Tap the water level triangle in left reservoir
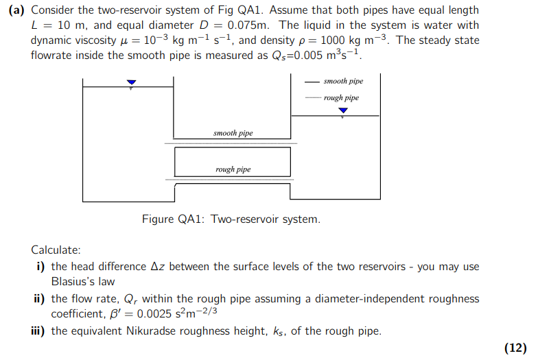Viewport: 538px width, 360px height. pyautogui.click(x=131, y=83)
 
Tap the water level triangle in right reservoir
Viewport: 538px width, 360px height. pyautogui.click(x=343, y=110)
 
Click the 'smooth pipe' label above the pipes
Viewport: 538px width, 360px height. pyautogui.click(x=233, y=133)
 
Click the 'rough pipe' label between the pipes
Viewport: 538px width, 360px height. pyautogui.click(x=233, y=169)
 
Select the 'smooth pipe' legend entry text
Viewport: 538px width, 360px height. pyautogui.click(x=343, y=81)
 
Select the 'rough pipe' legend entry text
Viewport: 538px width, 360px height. pyautogui.click(x=341, y=97)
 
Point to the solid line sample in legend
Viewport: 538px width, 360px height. pyautogui.click(x=312, y=82)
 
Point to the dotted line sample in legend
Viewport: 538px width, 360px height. pyautogui.click(x=312, y=98)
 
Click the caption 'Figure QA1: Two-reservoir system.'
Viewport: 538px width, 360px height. pyautogui.click(x=231, y=219)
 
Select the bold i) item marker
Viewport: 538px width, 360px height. pyautogui.click(x=40, y=267)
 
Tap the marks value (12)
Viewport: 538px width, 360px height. pyautogui.click(x=515, y=348)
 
